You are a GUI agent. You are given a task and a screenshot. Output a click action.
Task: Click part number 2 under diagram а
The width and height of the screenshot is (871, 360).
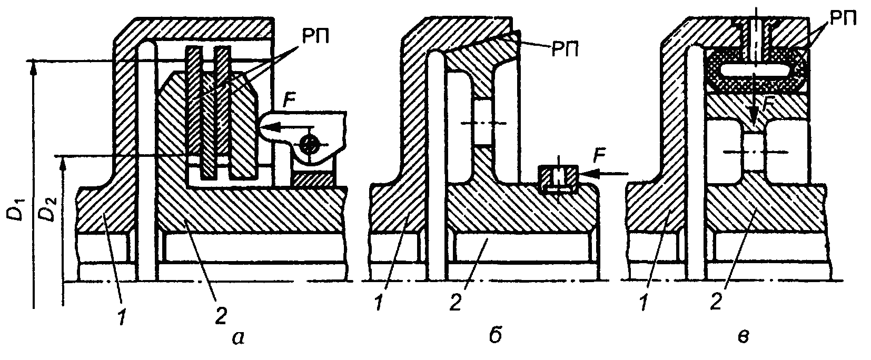[x=221, y=315]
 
